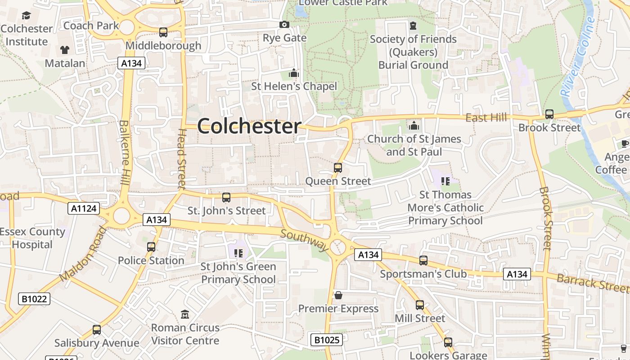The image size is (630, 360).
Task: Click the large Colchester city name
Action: point(249,126)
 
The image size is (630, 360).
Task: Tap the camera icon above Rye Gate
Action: point(284,25)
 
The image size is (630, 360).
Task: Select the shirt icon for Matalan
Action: point(65,49)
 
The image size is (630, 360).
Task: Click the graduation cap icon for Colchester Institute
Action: point(26,16)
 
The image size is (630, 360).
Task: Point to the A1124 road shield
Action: point(83,208)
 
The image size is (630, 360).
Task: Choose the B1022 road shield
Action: point(34,299)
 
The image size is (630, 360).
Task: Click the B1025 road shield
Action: point(327,340)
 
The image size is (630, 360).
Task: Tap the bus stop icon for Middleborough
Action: point(163,32)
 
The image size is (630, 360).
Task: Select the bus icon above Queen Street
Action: point(338,168)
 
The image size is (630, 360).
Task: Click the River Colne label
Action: point(578,56)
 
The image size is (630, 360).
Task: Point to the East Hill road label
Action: point(486,118)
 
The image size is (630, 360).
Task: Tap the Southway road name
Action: point(305,240)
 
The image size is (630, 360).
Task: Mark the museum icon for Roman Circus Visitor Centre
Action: point(185,314)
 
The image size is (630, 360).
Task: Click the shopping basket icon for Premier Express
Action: point(338,295)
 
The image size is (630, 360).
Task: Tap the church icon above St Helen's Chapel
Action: point(294,73)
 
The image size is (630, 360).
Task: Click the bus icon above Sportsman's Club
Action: point(423,260)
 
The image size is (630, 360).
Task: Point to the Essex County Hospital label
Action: point(32,238)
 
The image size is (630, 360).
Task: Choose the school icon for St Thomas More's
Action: point(445,181)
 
